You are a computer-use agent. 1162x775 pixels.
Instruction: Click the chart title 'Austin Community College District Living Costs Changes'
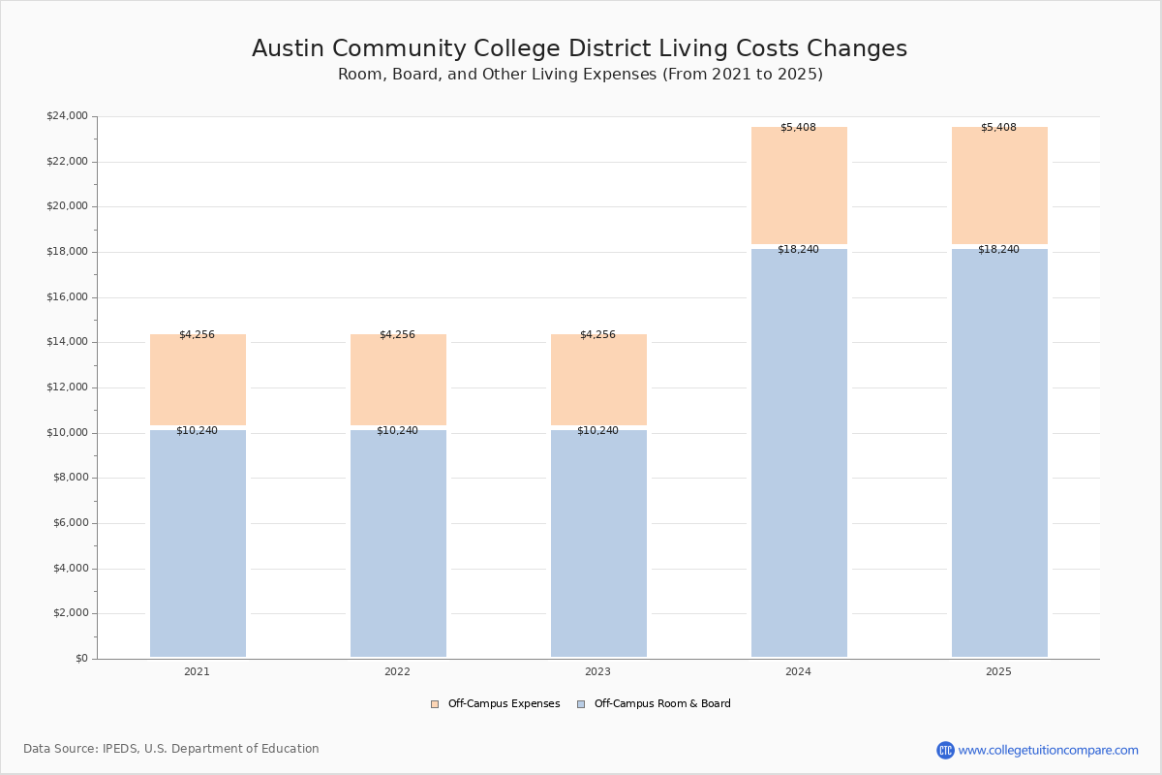579,49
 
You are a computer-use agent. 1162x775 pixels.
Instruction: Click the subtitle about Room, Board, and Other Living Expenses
580,75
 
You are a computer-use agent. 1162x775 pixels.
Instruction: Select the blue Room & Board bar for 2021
198,542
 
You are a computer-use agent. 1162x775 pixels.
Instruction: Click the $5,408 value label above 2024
798,127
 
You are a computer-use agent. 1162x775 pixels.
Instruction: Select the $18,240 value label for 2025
998,249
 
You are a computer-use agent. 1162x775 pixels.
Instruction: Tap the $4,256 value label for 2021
197,334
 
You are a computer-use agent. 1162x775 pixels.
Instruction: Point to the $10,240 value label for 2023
597,430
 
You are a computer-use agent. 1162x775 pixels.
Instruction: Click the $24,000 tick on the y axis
67,116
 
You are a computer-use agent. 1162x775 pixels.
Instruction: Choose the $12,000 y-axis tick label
67,387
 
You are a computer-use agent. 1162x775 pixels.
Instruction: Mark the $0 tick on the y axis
80,659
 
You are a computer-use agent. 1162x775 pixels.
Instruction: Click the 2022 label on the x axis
397,671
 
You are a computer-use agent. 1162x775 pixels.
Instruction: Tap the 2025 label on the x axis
998,671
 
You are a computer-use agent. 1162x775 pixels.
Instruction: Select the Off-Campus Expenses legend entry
496,704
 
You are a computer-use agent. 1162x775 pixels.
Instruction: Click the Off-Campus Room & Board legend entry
655,704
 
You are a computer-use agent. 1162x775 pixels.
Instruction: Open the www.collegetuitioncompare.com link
1048,750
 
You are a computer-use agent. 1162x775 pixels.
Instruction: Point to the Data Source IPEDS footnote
171,749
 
